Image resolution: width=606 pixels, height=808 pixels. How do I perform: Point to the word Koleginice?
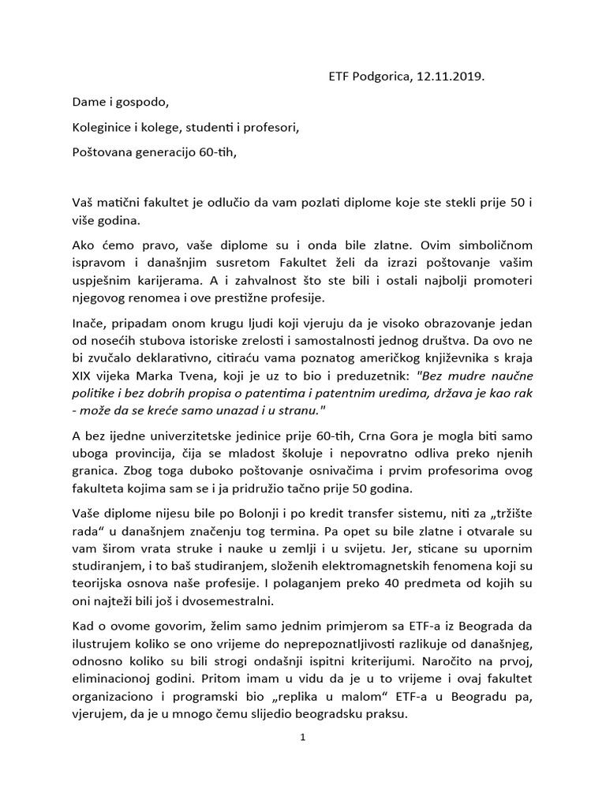(103, 127)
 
